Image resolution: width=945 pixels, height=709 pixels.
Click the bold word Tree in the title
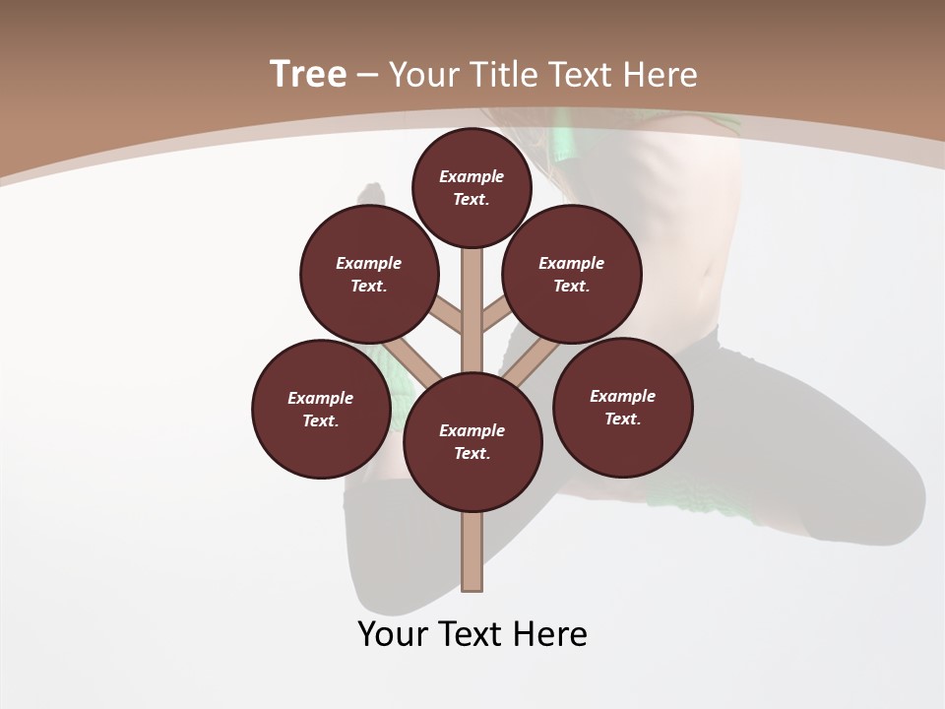coord(308,74)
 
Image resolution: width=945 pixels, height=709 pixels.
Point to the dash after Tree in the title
coord(368,76)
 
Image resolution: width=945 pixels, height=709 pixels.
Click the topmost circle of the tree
coord(472,187)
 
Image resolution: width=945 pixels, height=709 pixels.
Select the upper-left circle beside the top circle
coord(369,274)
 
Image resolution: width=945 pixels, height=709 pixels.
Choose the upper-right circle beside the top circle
coord(572,274)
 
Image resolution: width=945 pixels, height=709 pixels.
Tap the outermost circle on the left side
coord(321,409)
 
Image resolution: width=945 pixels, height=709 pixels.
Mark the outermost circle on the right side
coord(622,407)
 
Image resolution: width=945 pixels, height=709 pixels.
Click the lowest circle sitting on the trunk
coord(472,442)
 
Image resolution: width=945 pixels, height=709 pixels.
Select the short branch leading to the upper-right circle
coord(496,316)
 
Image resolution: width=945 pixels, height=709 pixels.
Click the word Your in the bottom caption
coord(393,634)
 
